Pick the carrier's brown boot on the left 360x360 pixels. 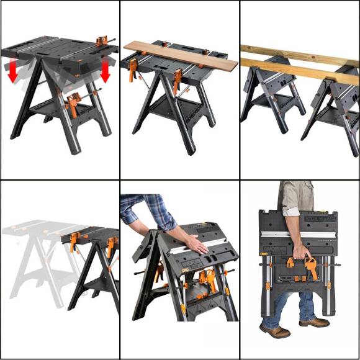click(x=274, y=330)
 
